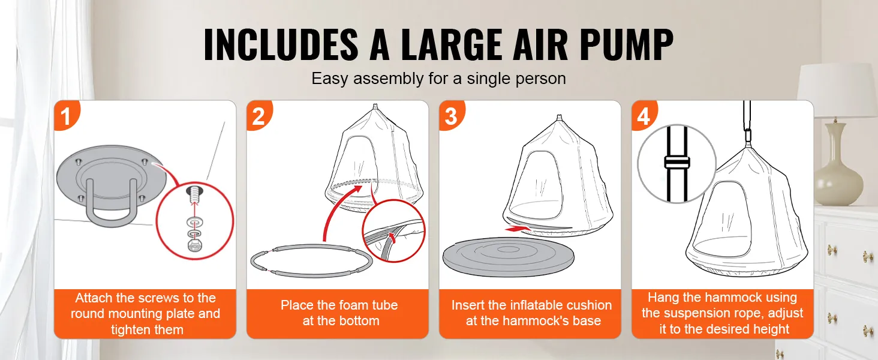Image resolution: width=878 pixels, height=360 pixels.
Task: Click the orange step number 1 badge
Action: [66, 116]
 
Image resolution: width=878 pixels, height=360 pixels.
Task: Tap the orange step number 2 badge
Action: [258, 116]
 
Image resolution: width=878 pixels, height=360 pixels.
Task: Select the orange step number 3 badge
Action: [451, 116]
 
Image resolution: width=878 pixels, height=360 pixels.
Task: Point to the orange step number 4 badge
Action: [644, 116]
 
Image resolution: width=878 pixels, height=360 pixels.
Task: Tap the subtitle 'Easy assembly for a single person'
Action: [438, 79]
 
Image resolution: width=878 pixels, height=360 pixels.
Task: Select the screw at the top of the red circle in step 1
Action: [193, 193]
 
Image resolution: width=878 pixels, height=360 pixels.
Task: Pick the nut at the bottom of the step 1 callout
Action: [193, 245]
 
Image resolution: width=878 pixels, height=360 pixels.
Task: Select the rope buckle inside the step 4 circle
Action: [677, 162]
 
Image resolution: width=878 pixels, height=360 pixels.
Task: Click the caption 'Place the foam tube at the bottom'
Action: [339, 313]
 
